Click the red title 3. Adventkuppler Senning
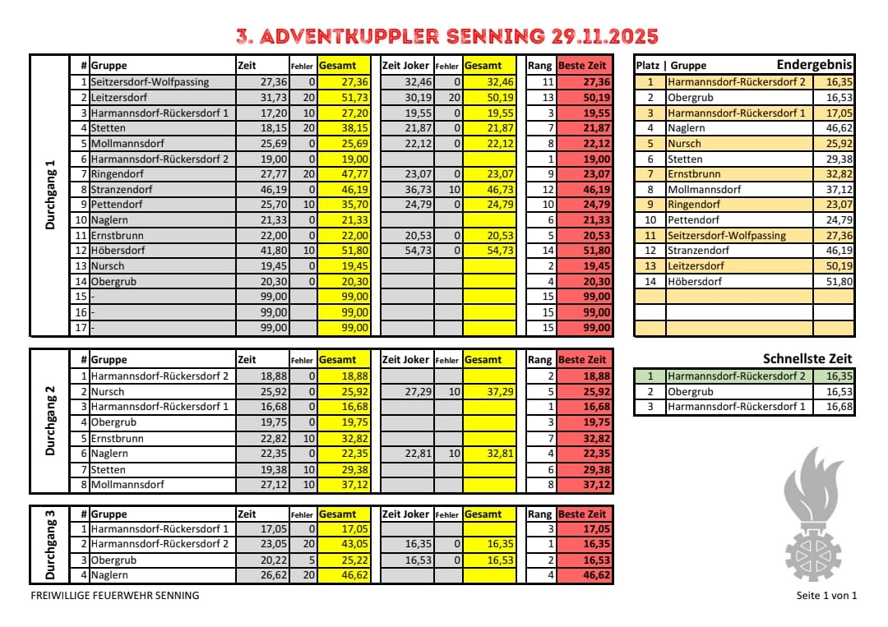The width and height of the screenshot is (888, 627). (x=446, y=36)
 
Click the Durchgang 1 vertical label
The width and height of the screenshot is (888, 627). (x=50, y=195)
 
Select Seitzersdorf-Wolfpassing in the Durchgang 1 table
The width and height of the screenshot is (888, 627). (x=150, y=82)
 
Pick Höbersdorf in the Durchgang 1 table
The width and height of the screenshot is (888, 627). (x=120, y=251)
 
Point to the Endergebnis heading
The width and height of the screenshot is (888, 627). (x=814, y=65)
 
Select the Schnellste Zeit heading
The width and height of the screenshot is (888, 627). (x=807, y=359)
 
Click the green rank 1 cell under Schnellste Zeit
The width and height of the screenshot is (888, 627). (x=649, y=376)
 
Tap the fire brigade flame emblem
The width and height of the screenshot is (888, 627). (x=813, y=519)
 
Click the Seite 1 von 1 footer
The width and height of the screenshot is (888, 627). (x=826, y=596)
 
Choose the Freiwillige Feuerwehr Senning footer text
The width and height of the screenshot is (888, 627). (x=114, y=596)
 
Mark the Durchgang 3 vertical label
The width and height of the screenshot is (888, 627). (x=50, y=545)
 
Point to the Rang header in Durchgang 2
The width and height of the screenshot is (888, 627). (x=539, y=360)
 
